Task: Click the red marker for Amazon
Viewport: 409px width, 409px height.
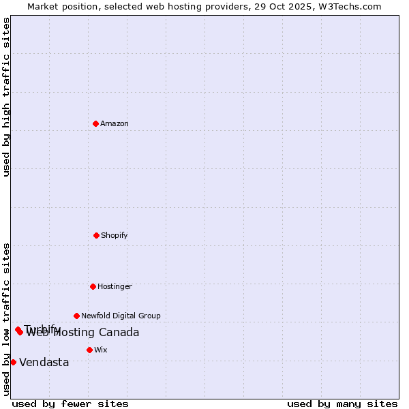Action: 96,123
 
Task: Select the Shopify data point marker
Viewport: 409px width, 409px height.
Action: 96,235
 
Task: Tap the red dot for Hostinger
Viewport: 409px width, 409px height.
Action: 93,286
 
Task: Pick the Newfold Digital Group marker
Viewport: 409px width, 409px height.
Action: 76,316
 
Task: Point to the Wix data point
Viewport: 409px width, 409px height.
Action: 89,350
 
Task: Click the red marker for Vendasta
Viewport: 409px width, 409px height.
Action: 13,362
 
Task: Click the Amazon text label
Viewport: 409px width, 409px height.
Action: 115,123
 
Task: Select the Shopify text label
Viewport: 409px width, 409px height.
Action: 115,235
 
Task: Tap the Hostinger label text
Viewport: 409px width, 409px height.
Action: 115,286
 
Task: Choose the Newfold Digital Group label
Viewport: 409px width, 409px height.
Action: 121,316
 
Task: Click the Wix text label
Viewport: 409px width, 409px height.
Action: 101,350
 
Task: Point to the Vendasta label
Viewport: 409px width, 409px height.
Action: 44,362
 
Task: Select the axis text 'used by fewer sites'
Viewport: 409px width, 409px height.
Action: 70,404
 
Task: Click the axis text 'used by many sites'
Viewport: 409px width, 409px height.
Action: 342,404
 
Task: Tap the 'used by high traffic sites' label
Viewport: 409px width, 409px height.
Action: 6,96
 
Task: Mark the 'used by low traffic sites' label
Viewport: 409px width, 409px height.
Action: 6,318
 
